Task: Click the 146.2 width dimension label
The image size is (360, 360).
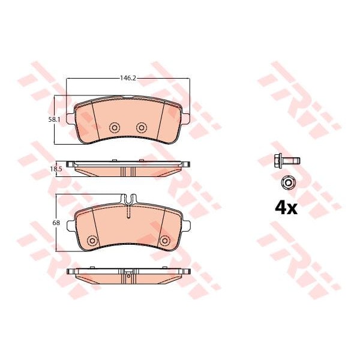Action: (128, 78)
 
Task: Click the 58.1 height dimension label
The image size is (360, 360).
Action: (54, 119)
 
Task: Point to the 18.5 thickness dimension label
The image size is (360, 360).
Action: (56, 169)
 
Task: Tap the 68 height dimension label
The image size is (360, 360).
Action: (56, 223)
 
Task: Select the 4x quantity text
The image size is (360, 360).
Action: (286, 208)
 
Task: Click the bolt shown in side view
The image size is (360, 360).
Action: (287, 160)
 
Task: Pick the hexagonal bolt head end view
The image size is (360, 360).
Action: (288, 182)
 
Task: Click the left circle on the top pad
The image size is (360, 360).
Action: (115, 127)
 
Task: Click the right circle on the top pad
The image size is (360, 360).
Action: (142, 127)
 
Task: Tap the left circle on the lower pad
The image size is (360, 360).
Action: (92, 241)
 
